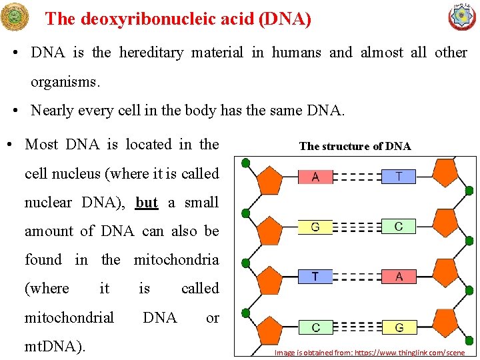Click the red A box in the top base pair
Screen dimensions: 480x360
pos(315,177)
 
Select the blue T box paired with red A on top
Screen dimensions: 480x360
pos(399,176)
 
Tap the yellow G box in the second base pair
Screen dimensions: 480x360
pos(315,227)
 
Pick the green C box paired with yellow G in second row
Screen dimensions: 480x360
pos(399,227)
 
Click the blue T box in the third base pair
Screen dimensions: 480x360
pos(315,277)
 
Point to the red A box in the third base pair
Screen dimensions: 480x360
pos(399,277)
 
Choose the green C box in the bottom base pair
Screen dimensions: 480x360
pos(315,327)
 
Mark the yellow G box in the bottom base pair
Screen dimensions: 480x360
pos(399,327)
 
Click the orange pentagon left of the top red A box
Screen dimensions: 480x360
pos(269,179)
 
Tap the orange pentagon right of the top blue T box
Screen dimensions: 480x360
pos(445,173)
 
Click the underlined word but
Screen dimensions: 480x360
pos(147,203)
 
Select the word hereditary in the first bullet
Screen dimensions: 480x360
pos(151,53)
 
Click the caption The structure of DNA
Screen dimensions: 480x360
pos(355,146)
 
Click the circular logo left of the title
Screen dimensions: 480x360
pos(15,17)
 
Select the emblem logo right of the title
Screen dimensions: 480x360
pos(462,17)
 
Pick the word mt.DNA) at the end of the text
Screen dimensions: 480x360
pos(55,346)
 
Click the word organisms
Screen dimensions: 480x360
pos(65,82)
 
